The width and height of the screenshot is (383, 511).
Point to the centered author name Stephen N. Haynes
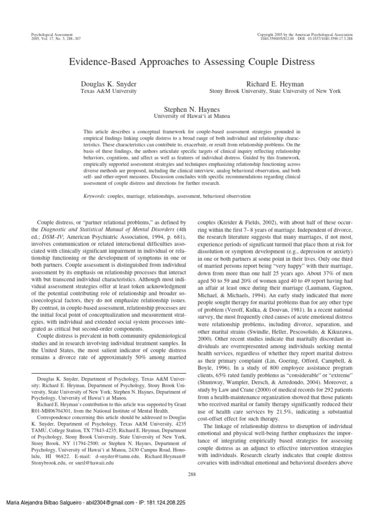pyautogui.click(x=191, y=108)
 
